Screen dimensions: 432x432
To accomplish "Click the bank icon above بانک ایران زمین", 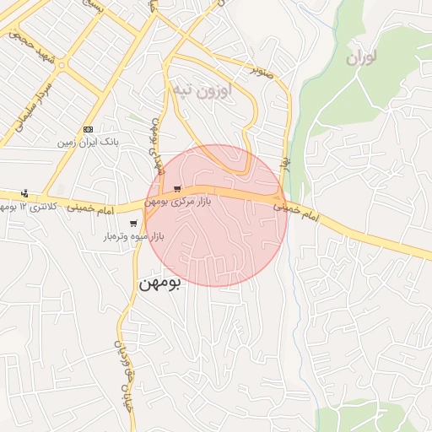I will pyautogui.click(x=89, y=128).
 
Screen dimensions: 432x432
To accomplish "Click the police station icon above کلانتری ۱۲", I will pyautogui.click(x=24, y=193).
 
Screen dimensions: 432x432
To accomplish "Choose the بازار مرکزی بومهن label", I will pyautogui.click(x=175, y=202).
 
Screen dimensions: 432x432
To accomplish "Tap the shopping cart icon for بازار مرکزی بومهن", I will pyautogui.click(x=176, y=189).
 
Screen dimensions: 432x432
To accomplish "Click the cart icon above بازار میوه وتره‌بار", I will pyautogui.click(x=133, y=224).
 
